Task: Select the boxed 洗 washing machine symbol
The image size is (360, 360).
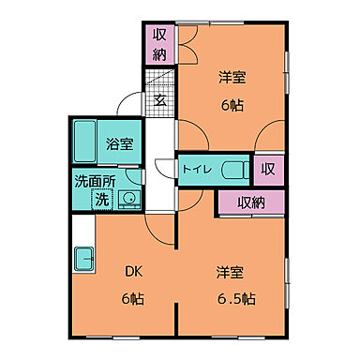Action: (100, 198)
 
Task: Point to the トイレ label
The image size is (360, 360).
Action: (196, 170)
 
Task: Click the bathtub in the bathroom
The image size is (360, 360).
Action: (85, 142)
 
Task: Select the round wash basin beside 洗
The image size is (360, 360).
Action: (127, 198)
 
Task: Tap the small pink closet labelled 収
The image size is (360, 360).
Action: (268, 170)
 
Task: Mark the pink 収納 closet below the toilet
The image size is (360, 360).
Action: (249, 202)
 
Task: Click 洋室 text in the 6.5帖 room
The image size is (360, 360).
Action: (231, 273)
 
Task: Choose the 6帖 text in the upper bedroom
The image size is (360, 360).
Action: (232, 106)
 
